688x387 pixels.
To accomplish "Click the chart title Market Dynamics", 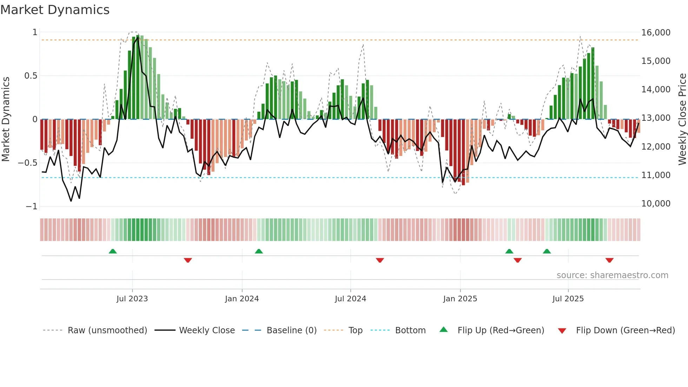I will (55, 10).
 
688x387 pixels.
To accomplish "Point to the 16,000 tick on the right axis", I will (656, 33).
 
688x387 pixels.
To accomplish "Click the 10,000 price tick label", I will (656, 204).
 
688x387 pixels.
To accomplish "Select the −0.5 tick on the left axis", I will (28, 163).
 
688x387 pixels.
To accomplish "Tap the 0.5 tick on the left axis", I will (31, 76).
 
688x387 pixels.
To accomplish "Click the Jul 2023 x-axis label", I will (132, 299).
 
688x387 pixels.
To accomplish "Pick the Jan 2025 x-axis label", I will (460, 299).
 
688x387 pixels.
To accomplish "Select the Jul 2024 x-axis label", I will (350, 299).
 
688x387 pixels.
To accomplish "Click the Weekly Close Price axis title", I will (682, 119).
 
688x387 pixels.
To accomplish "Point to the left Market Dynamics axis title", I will (6, 119).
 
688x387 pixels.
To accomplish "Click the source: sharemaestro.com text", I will (612, 275).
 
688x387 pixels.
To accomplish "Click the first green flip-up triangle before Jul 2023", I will (113, 251).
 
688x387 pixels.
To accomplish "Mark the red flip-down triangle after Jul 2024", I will (380, 260).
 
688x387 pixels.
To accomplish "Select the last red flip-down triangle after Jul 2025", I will (609, 260).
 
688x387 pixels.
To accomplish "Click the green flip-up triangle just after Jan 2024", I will (259, 251).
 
